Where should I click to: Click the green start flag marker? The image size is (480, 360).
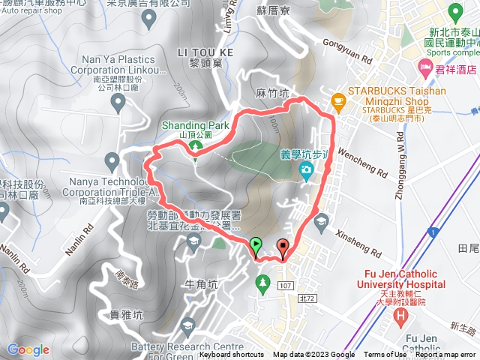click(256, 244)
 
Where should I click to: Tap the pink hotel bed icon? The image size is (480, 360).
click(425, 69)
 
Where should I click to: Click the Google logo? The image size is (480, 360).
click(28, 349)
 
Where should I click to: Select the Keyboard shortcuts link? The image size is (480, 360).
click(232, 355)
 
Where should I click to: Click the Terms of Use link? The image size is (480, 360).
click(385, 355)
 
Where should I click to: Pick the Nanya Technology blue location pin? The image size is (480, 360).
click(112, 159)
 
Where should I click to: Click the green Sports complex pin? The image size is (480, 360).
click(455, 13)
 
